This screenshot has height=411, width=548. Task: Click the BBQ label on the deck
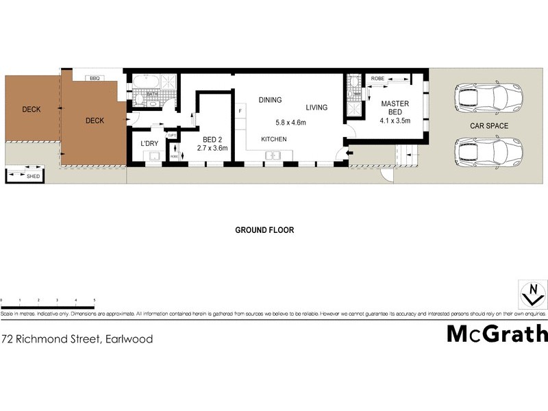click(95, 79)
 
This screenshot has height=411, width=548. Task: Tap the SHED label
click(33, 176)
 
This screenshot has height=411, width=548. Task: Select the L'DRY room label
click(149, 143)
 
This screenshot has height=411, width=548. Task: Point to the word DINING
click(270, 100)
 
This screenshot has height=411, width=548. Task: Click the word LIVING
click(316, 108)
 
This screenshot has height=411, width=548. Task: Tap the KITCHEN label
click(273, 139)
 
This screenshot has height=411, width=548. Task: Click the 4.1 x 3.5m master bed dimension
click(395, 121)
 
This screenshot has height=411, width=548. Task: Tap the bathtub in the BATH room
click(147, 84)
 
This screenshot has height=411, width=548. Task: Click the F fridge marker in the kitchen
click(240, 110)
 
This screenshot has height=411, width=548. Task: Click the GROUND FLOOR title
click(264, 230)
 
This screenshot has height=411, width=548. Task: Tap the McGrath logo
click(497, 334)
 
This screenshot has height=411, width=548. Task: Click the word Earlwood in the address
click(129, 338)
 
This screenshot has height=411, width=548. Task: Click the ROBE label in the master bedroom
click(377, 79)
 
